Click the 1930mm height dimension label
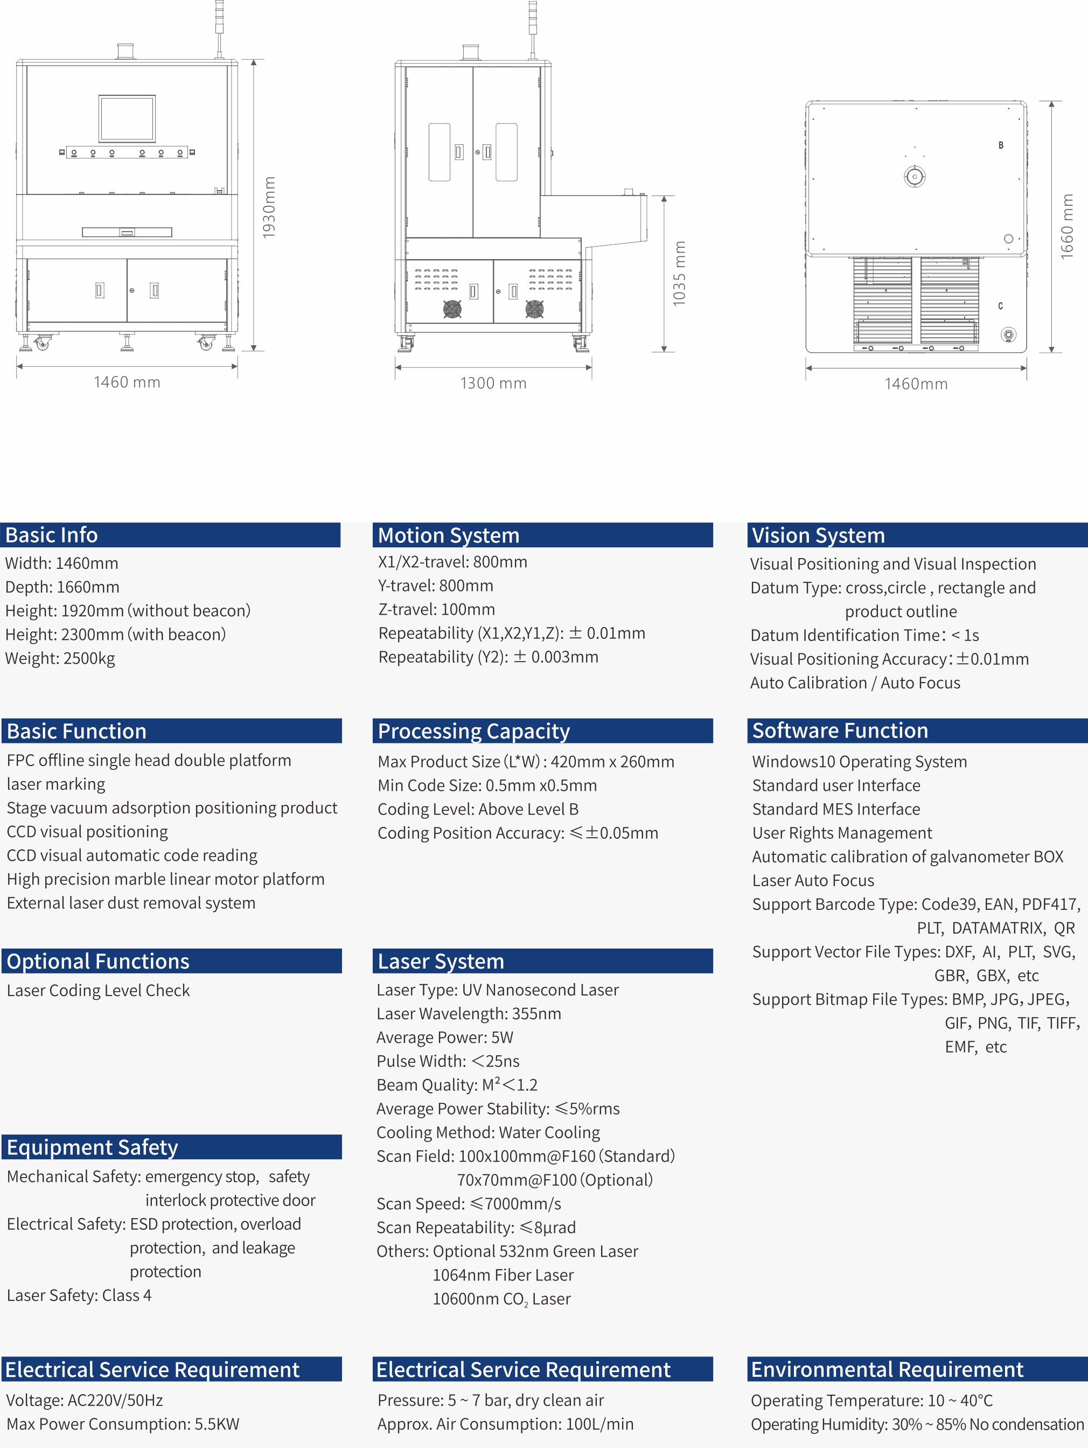tap(268, 207)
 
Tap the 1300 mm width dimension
tap(493, 383)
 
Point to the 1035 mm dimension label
tap(680, 273)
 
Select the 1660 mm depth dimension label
tap(1067, 226)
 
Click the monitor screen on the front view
tap(127, 119)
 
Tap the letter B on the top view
tap(1000, 145)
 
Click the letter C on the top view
tap(1000, 305)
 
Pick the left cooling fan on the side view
tap(452, 309)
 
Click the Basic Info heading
tap(52, 535)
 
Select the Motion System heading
tap(449, 535)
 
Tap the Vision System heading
tap(818, 535)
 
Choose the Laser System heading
tap(441, 961)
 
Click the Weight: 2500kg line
tap(60, 658)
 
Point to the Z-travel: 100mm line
tap(437, 609)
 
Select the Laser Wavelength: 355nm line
tap(469, 1013)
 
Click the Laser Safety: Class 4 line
tap(79, 1295)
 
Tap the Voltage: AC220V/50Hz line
tap(85, 1400)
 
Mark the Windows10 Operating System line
tap(859, 761)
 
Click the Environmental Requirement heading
tap(887, 1369)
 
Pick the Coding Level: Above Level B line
tap(478, 809)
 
